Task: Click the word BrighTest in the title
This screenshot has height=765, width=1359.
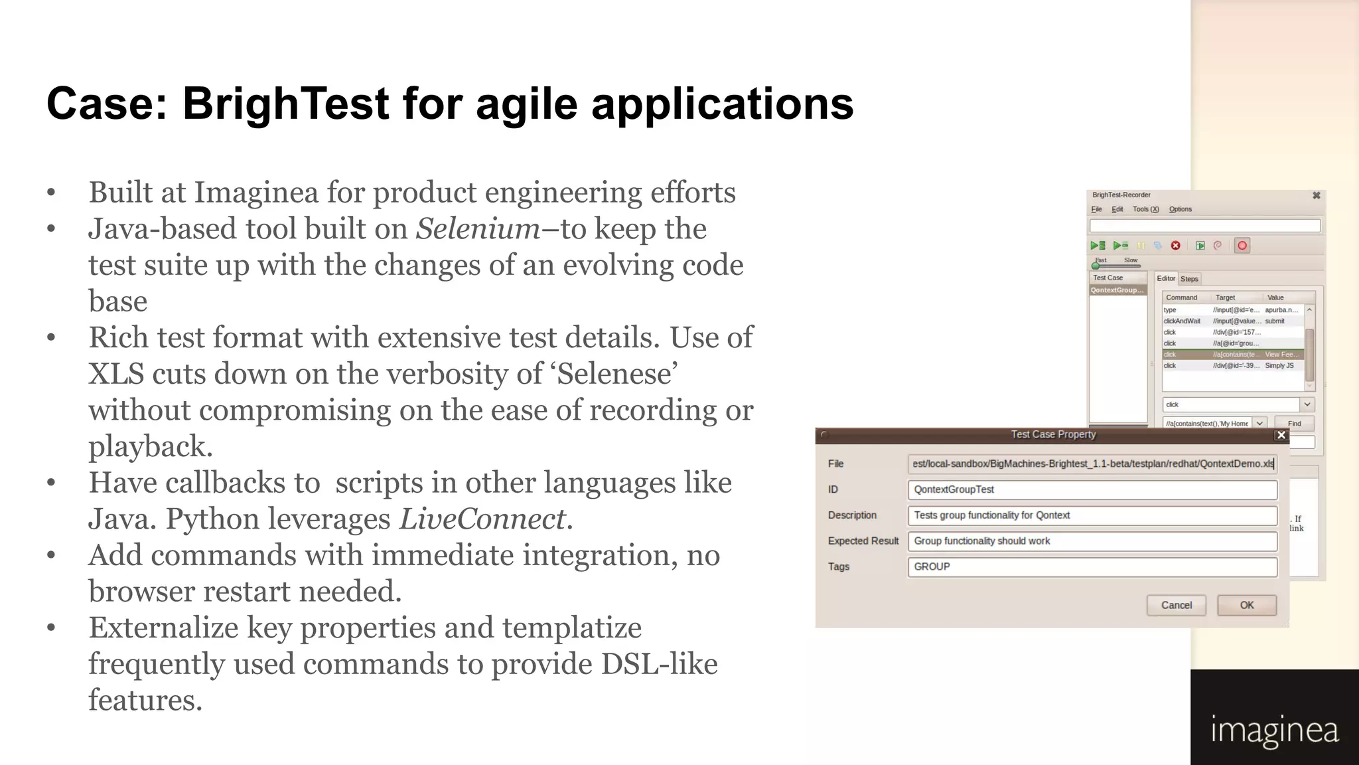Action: pos(285,104)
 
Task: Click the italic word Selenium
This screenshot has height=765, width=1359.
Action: pos(478,229)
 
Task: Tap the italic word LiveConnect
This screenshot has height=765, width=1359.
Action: pos(482,519)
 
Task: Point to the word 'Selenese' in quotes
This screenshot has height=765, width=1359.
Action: pos(616,375)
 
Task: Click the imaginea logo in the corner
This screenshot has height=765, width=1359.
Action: pos(1274,730)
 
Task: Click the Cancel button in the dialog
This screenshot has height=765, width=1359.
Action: pos(1176,605)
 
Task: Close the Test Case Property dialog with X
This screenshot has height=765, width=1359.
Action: pos(1281,435)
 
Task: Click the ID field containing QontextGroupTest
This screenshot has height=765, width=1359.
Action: pos(1092,489)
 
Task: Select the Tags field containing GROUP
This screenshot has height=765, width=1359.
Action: pos(1092,566)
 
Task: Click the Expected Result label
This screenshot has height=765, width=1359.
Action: pos(863,541)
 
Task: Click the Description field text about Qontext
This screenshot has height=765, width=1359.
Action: pos(991,515)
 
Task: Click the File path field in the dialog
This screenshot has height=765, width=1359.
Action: pos(1092,464)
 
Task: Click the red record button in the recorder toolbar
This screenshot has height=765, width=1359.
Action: pos(1242,246)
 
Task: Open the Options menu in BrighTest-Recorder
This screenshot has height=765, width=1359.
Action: pos(1180,209)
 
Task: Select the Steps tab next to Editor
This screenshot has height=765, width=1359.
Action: pos(1189,279)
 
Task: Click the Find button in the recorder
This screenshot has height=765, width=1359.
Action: pos(1294,424)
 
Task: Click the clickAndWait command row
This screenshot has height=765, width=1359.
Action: pos(1182,321)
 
